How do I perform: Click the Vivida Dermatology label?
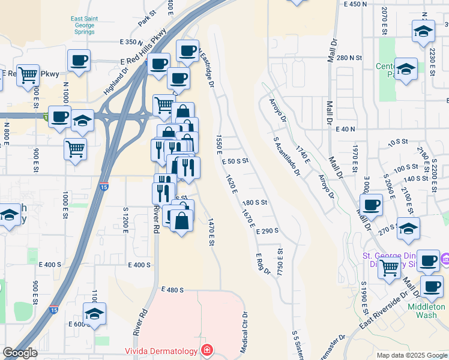pos(161,351)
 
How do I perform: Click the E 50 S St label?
pos(235,161)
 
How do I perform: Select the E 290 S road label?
pos(268,231)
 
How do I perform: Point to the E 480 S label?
pos(172,290)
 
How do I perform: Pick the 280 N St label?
pos(349,58)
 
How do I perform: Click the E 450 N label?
pos(355,4)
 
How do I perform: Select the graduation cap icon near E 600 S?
pos(94,314)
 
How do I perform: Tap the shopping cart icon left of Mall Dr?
pos(389,268)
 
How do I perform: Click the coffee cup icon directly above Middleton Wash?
pos(432,286)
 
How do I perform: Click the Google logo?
pos(20,353)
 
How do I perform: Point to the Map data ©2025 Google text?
pos(411,355)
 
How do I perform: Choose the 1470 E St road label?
pos(211,233)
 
